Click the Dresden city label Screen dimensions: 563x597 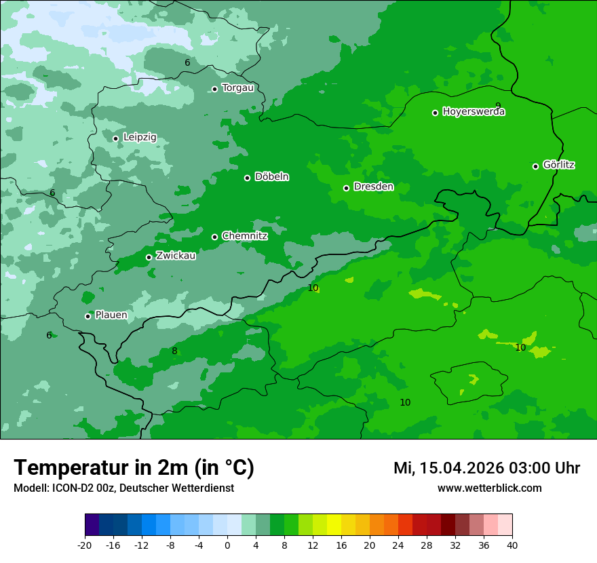[373, 187]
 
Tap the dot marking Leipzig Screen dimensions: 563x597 [115, 138]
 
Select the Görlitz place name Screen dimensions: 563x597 [559, 165]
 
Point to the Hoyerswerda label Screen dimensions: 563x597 [474, 112]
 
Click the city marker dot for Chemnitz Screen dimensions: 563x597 [215, 237]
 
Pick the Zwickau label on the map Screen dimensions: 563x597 [176, 256]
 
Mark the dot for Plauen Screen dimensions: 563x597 [88, 316]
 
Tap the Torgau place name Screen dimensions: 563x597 [237, 88]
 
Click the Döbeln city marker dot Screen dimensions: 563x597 [247, 178]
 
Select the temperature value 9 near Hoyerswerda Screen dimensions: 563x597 [498, 106]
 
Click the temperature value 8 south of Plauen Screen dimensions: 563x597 [174, 351]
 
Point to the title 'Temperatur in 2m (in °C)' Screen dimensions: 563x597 [134, 468]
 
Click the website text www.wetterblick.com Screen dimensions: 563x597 [489, 488]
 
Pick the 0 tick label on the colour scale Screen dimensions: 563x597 [227, 545]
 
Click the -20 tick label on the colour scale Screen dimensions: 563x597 [85, 545]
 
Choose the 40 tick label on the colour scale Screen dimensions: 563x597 [512, 545]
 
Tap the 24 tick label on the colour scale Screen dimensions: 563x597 [398, 545]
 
